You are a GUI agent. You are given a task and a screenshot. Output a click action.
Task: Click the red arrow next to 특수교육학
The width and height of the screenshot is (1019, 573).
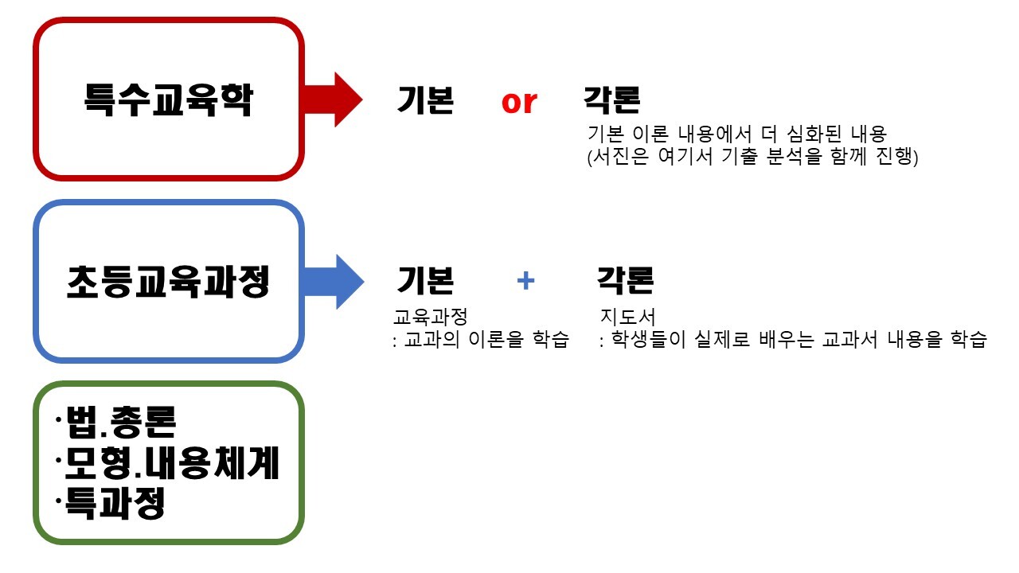pyautogui.click(x=333, y=99)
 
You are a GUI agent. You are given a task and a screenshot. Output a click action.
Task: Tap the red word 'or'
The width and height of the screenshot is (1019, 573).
pyautogui.click(x=519, y=102)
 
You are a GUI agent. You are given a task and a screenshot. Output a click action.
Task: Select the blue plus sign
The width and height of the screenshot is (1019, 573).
pyautogui.click(x=525, y=280)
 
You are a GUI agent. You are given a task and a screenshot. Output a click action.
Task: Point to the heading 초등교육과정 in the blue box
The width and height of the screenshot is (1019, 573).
pyautogui.click(x=168, y=282)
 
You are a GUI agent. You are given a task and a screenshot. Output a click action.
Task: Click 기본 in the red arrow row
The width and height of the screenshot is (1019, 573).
pyautogui.click(x=425, y=100)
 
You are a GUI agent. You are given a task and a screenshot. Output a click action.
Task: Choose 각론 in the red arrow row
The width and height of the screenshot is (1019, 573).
pyautogui.click(x=611, y=100)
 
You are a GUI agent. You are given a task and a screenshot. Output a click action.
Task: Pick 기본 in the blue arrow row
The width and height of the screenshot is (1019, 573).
pyautogui.click(x=425, y=280)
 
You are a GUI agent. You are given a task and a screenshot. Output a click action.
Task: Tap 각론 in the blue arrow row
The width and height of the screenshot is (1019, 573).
pyautogui.click(x=626, y=280)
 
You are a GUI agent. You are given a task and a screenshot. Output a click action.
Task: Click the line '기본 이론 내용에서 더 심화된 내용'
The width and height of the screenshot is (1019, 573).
pyautogui.click(x=736, y=134)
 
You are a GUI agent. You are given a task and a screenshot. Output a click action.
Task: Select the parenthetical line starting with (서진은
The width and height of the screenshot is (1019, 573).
pyautogui.click(x=752, y=157)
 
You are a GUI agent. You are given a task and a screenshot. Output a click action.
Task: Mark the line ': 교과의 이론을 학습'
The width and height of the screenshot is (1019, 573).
pyautogui.click(x=482, y=341)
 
